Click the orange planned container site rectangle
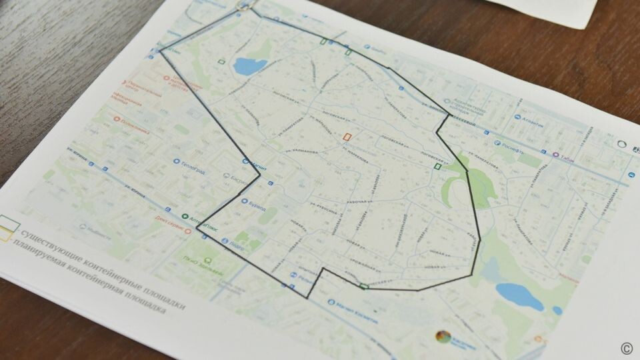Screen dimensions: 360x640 346,136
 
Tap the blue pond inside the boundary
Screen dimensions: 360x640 250,65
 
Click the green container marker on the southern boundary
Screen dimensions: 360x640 364,287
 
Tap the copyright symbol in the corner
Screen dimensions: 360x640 626,347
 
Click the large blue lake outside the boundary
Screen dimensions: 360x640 520,295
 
